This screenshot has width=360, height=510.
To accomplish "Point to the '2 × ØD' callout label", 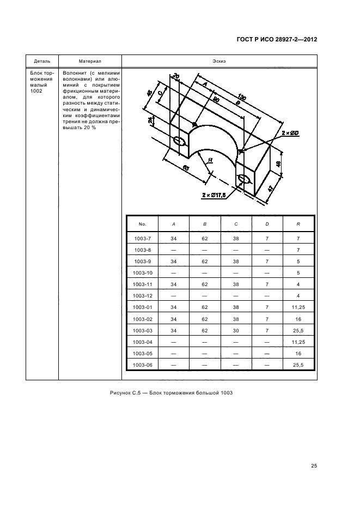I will [x=289, y=133].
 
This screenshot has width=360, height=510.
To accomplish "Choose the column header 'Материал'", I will [x=89, y=61].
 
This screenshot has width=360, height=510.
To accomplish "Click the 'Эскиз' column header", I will [x=219, y=61].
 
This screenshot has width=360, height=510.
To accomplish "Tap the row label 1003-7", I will [x=143, y=238].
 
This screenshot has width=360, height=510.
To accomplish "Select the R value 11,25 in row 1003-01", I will [x=298, y=307].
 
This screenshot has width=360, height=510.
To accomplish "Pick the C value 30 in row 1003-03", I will [x=236, y=330].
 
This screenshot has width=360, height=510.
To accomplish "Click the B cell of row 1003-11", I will [x=205, y=284].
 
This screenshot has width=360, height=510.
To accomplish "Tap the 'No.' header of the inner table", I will [x=143, y=223].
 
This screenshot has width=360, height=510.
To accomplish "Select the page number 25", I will [x=314, y=465].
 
